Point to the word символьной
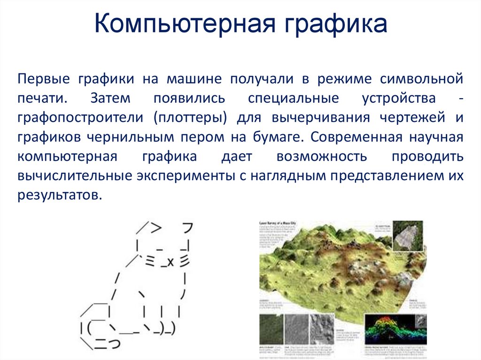[421, 78]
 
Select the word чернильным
[140, 137]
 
